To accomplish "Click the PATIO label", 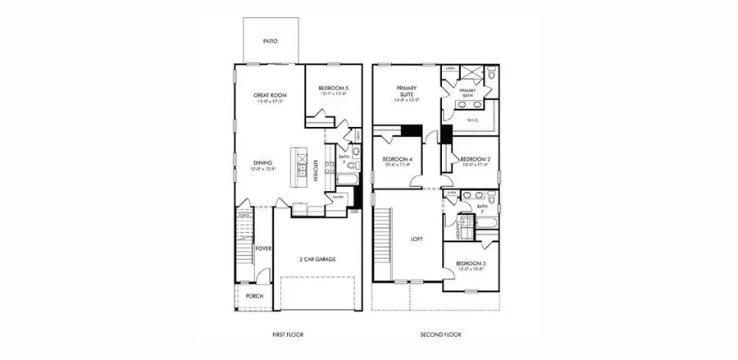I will pyautogui.click(x=270, y=39).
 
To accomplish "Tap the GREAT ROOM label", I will pyautogui.click(x=268, y=95).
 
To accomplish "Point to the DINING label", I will pyautogui.click(x=262, y=162).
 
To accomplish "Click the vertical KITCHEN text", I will pyautogui.click(x=316, y=170).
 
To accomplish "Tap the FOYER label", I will pyautogui.click(x=263, y=247).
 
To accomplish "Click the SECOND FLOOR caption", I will pyautogui.click(x=440, y=335).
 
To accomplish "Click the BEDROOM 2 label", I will pyautogui.click(x=475, y=159).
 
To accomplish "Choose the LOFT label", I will pyautogui.click(x=416, y=240).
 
